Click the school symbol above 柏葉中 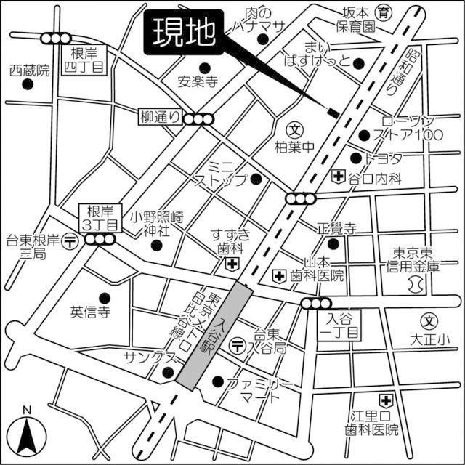[294, 130]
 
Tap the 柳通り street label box [160, 116]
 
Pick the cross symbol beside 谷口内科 [338, 176]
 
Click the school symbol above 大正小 [430, 320]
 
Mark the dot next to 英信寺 [103, 296]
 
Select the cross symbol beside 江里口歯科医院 [386, 400]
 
